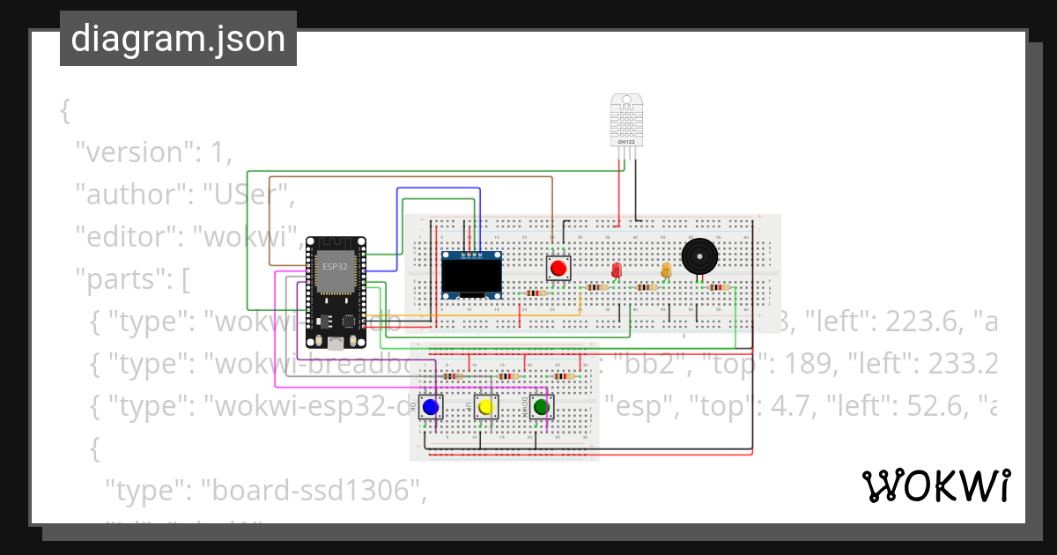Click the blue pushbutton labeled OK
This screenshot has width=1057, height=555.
click(430, 407)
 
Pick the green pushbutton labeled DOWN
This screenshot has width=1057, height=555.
click(541, 407)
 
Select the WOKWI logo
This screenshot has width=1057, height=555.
click(935, 485)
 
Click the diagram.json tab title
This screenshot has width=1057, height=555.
click(178, 39)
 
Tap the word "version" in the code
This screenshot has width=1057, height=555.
click(131, 152)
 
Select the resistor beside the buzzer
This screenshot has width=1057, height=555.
click(720, 287)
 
